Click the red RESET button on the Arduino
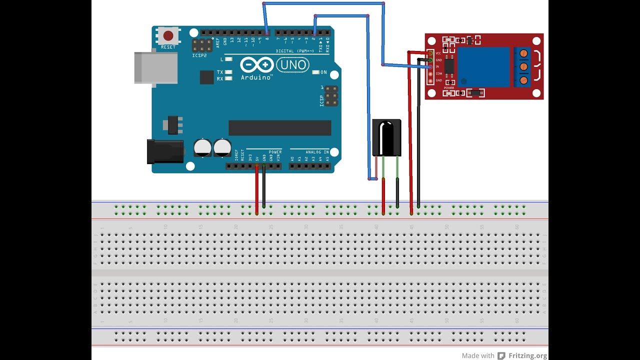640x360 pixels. point(168,36)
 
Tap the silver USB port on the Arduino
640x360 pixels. point(155,67)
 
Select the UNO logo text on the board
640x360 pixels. point(292,64)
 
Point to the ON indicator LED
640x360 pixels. point(315,72)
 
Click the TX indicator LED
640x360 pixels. point(228,72)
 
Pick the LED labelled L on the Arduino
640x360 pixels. point(228,59)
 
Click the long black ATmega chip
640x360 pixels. point(279,127)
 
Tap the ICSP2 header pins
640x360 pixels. point(201,45)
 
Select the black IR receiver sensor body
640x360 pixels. point(386,137)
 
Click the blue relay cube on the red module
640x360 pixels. point(483,67)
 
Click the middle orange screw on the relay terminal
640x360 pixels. point(523,66)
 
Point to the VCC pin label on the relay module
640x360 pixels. point(438,53)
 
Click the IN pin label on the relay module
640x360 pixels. point(437,66)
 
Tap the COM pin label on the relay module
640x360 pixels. point(438,73)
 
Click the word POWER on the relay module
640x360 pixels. point(449,88)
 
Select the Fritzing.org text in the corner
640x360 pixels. point(527,355)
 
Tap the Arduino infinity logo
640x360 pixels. point(256,65)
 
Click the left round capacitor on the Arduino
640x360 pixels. point(202,147)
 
